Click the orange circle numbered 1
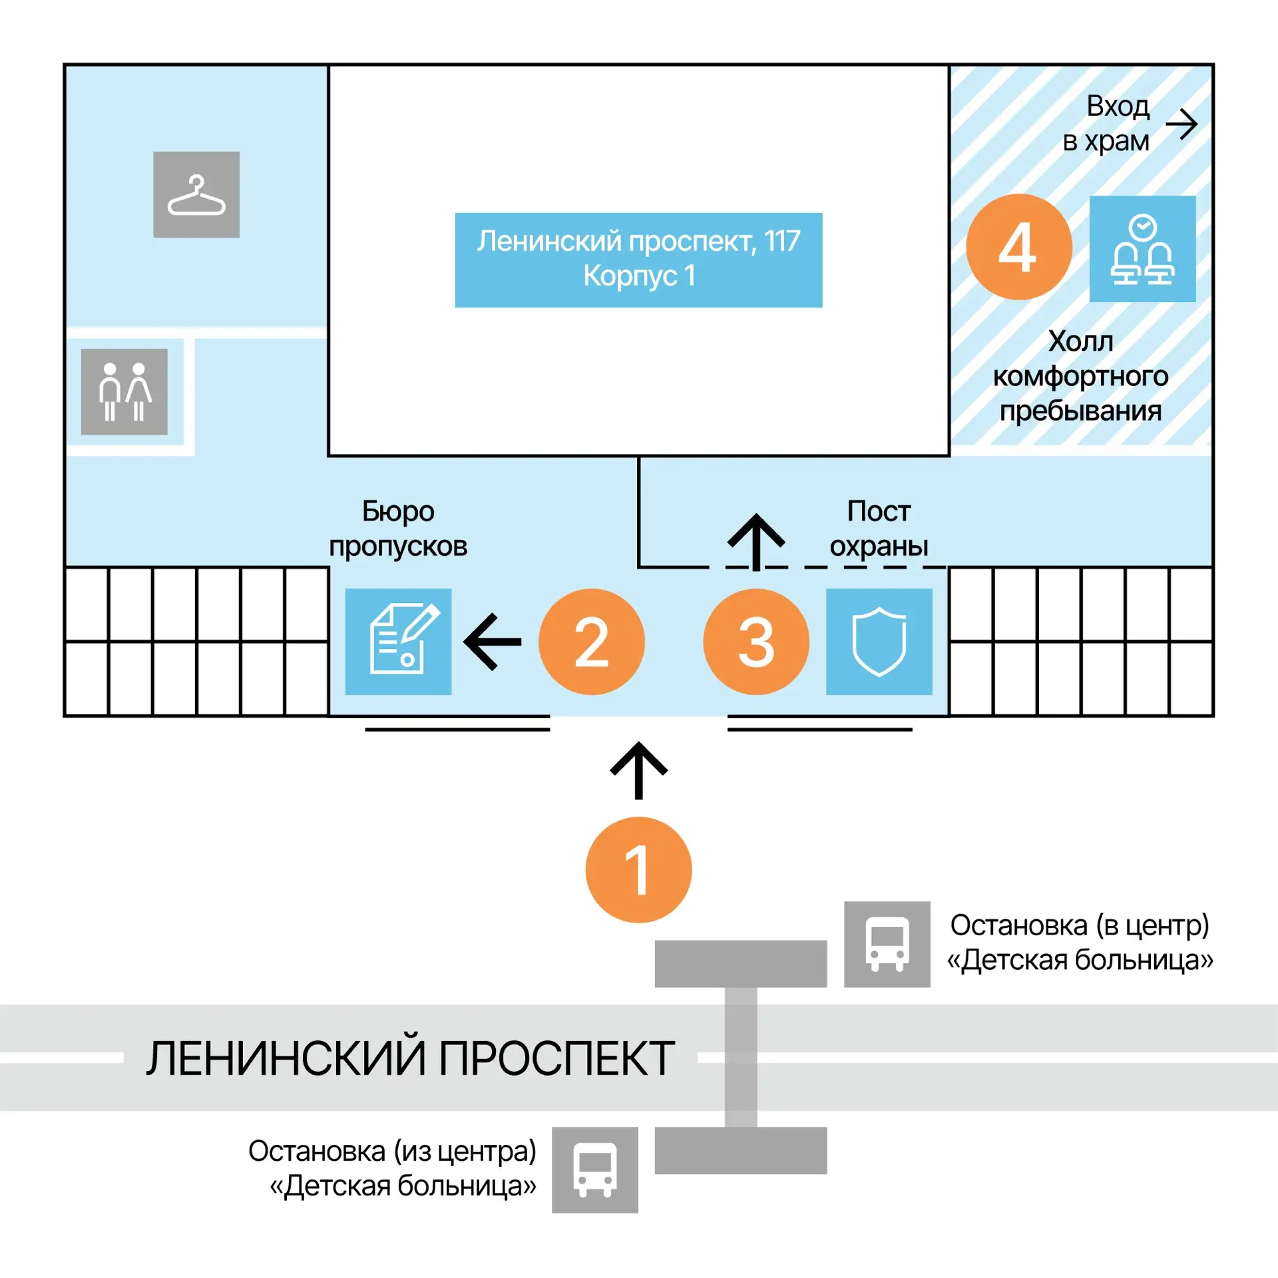pos(638,869)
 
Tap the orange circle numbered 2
pos(591,642)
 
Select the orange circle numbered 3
pos(756,642)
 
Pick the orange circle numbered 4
pos(1018,247)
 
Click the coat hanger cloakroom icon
pos(196,194)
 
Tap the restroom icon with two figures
pos(124,391)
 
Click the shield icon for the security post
pos(879,642)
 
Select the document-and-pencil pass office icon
pos(398,642)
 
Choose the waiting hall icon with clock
pos(1142,249)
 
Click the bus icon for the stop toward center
pos(887,944)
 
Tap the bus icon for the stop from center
pos(595,1170)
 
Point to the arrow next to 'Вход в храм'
pos(1181,124)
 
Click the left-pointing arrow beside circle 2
pos(493,642)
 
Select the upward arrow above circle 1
pos(638,770)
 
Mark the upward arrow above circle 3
pos(756,542)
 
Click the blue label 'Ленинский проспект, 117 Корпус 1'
pos(638,260)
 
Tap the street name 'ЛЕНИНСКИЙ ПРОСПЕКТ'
pos(411,1058)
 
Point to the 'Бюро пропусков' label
pos(398,529)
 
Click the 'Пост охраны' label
pos(879,529)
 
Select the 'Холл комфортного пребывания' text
pos(1080,376)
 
